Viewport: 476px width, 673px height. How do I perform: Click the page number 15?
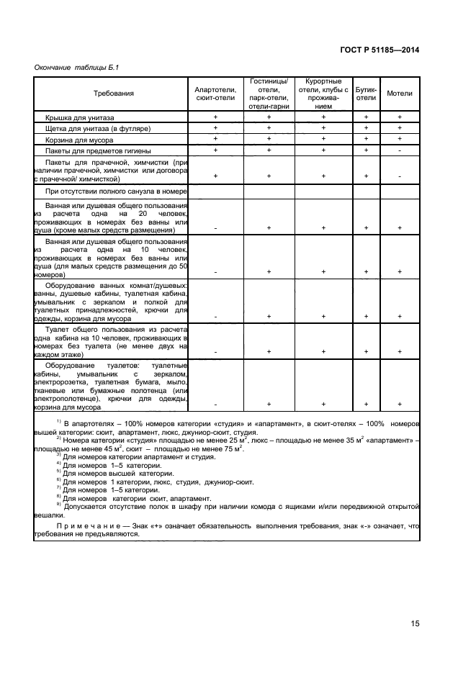tap(415, 623)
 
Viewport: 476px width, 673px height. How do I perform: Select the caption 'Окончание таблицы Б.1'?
tap(76, 68)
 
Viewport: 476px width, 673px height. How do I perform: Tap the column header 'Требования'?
tap(113, 94)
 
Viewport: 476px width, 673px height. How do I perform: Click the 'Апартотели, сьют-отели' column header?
tap(215, 94)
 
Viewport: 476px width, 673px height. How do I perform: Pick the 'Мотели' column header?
tap(400, 94)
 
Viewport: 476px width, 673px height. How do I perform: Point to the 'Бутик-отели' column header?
tap(366, 94)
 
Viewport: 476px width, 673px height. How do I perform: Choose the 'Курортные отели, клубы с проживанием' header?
tap(323, 94)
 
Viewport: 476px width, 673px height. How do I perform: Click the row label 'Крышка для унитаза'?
tap(84, 116)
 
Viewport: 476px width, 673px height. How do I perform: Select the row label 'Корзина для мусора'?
tap(83, 139)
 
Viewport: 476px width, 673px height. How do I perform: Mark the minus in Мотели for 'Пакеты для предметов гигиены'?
tap(400, 150)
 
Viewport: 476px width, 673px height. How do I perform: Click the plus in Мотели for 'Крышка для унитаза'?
tap(400, 116)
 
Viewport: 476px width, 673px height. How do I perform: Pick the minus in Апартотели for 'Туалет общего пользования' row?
tap(215, 351)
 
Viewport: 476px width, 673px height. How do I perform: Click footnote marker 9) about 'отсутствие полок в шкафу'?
tap(59, 504)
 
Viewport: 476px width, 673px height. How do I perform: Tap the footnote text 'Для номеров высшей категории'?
tap(118, 473)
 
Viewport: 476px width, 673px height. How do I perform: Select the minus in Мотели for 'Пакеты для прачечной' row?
tap(400, 176)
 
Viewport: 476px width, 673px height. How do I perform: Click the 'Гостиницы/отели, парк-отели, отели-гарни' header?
tap(269, 94)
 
